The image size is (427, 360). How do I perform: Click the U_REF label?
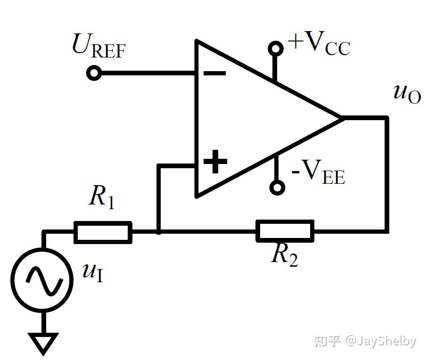coord(99,46)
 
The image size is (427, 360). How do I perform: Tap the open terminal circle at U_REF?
coord(94,74)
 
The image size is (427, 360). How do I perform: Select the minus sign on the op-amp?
coord(215,74)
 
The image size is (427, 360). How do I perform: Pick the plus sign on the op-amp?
coord(215,162)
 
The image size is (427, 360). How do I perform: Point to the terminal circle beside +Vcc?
coord(276,48)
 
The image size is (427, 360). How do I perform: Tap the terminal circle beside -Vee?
coord(277,188)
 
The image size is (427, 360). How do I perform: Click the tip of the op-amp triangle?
coord(340,117)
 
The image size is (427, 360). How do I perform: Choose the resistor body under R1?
coord(103,232)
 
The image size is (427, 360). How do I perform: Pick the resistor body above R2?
coord(285,231)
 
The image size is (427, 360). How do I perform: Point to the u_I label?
coord(93,272)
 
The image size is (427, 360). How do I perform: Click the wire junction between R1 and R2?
coord(159,231)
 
